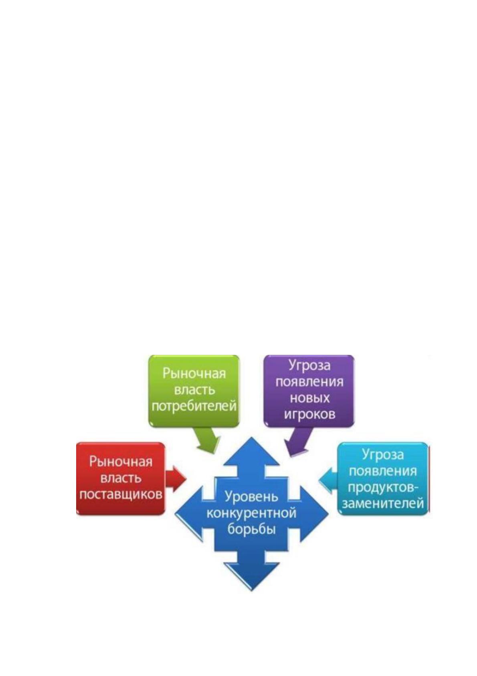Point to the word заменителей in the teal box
click(x=383, y=504)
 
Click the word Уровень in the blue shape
click(x=251, y=497)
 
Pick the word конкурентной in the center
click(x=251, y=513)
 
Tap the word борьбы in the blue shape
click(x=251, y=529)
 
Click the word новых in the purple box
click(x=310, y=398)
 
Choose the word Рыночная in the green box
click(x=194, y=374)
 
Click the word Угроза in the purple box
click(x=310, y=366)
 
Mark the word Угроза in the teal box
click(x=383, y=455)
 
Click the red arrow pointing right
click(x=176, y=479)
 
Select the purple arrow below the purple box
click(x=298, y=441)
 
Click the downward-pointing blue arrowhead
click(x=251, y=575)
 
